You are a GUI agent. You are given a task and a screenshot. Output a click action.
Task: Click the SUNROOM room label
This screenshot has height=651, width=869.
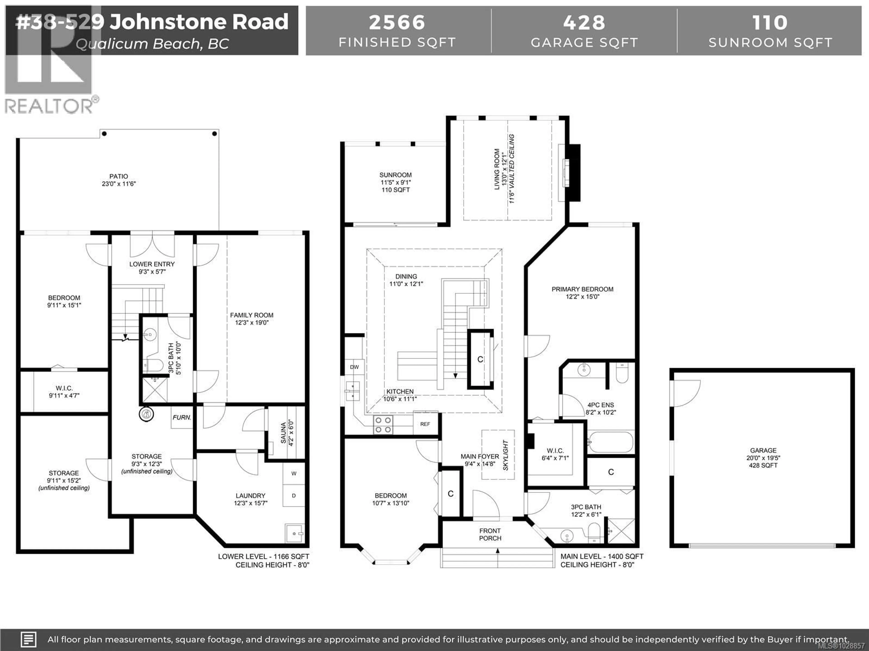click(x=395, y=175)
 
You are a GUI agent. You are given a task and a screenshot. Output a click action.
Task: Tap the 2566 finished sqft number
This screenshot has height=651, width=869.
click(x=397, y=23)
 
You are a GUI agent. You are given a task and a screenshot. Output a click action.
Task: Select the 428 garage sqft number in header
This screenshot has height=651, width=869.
click(x=584, y=23)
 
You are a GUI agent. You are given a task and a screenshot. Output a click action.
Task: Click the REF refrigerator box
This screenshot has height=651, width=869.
click(x=425, y=424)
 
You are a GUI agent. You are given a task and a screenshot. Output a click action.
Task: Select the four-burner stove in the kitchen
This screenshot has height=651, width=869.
click(x=383, y=425)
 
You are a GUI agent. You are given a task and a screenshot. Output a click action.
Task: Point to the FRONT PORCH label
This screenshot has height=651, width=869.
click(x=490, y=534)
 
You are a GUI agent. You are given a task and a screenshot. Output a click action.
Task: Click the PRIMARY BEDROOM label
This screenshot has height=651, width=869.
click(x=582, y=289)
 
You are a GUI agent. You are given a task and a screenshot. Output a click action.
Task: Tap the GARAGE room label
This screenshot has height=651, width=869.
click(x=763, y=451)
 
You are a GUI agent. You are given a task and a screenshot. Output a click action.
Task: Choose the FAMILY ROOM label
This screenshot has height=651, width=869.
click(x=251, y=315)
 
